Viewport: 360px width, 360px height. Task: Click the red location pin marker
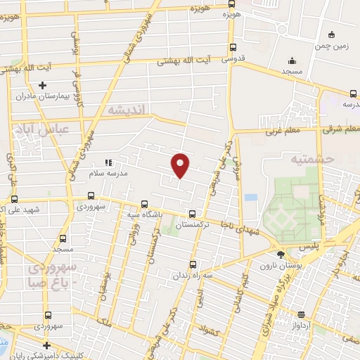[x=181, y=165]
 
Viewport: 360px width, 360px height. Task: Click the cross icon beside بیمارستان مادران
[x=43, y=84]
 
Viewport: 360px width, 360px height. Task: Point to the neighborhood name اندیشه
[x=125, y=110]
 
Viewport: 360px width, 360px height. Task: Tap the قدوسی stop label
[x=235, y=60]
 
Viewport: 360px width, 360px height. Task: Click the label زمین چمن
[x=333, y=44]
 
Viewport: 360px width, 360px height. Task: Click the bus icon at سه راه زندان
[x=193, y=266]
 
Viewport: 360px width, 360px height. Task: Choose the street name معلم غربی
[x=281, y=131]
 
